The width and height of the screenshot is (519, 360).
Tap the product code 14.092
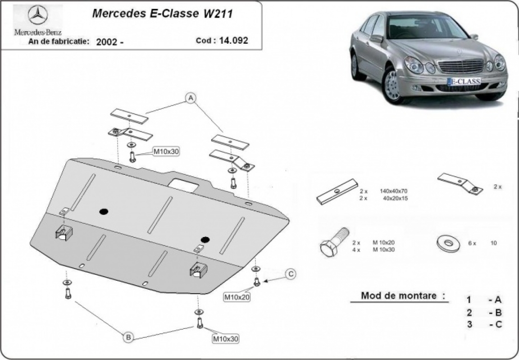coord(234,41)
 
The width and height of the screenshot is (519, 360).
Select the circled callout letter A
coord(191,98)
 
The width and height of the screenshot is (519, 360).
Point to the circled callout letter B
coord(128,337)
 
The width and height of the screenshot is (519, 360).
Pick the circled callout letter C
coord(291,273)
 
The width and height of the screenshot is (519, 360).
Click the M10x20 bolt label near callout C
coord(237,296)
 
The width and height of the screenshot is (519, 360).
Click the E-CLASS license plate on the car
coord(464,81)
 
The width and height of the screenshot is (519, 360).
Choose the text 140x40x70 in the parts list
coord(393,191)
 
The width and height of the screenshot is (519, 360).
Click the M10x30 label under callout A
coord(166,151)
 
